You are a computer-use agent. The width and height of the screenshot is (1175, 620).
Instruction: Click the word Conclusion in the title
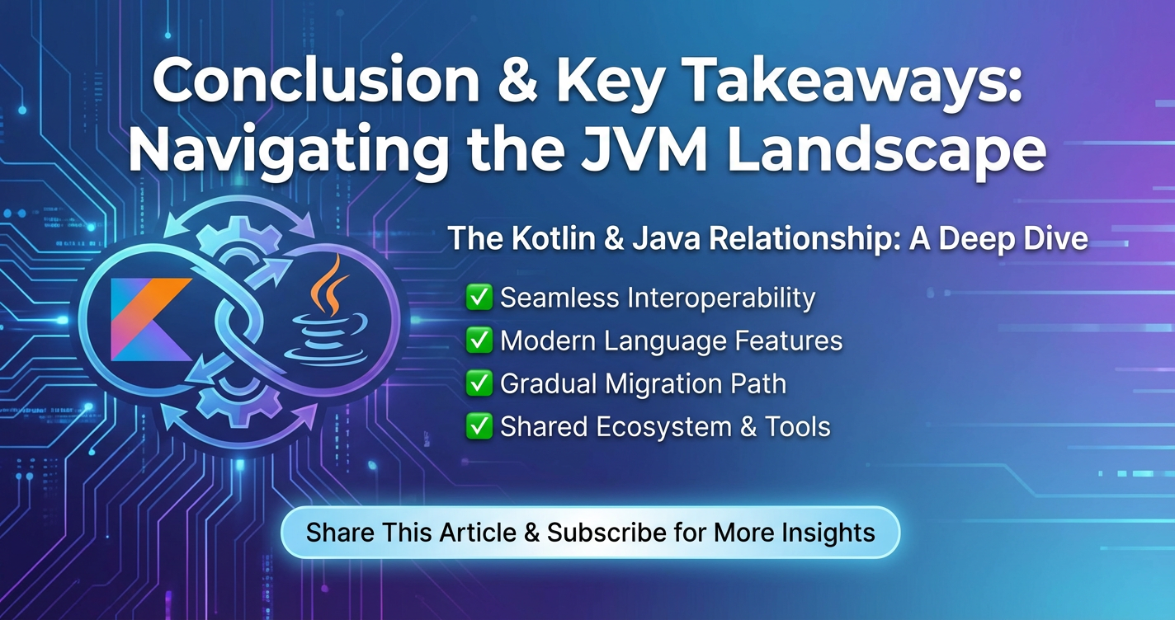[316, 80]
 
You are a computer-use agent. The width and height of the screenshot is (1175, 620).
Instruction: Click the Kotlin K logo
[151, 319]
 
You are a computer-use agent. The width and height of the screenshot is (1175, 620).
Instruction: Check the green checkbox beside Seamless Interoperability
[479, 297]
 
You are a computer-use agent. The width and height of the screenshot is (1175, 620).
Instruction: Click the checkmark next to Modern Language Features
[479, 341]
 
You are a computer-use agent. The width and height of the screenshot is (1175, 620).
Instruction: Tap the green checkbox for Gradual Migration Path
[479, 383]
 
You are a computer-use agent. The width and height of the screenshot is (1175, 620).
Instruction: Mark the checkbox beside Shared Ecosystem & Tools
[479, 426]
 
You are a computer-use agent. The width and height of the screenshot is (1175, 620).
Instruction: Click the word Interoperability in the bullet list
[721, 298]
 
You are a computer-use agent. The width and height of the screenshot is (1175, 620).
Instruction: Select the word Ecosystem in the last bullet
[663, 427]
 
